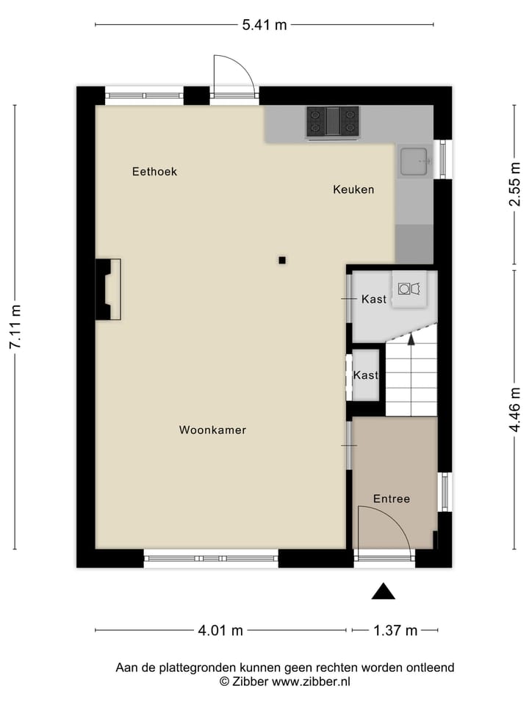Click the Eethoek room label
(x=154, y=172)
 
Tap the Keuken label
(x=353, y=189)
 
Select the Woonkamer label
(x=212, y=430)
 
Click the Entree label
(x=392, y=499)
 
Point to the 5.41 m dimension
(x=264, y=25)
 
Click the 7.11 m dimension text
(x=15, y=328)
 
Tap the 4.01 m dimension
(x=220, y=630)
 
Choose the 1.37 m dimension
(x=395, y=630)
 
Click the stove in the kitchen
(x=333, y=122)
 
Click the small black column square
(x=282, y=259)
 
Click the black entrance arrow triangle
(x=383, y=591)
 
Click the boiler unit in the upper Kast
(x=408, y=289)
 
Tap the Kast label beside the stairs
(x=365, y=375)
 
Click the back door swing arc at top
(x=234, y=73)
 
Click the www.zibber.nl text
(x=312, y=681)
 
